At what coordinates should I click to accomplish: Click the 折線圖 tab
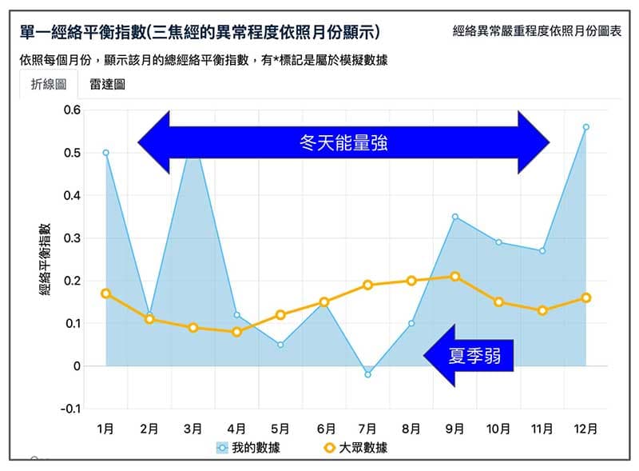pos(49,84)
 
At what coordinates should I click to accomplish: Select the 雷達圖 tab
pos(107,84)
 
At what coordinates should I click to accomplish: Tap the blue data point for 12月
pos(585,126)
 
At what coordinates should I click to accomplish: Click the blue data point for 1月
pos(105,152)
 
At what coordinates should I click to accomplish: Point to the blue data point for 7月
pos(367,374)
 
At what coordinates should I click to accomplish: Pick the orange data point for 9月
pos(454,277)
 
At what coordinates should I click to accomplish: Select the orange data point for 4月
pos(236,332)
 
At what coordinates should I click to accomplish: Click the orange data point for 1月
pos(105,293)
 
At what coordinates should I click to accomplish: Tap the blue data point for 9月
pos(454,217)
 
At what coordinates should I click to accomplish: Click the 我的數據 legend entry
pos(248,448)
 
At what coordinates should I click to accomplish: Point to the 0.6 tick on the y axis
pos(73,110)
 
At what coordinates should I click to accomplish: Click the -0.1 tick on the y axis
pos(71,409)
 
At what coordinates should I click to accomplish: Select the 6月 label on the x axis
pos(324,429)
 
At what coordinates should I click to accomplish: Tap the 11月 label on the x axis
pos(542,429)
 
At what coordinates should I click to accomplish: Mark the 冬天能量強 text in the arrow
pos(343,143)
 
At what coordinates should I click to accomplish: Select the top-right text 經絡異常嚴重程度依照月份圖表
pos(536,32)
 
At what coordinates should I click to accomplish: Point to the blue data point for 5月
pos(280,345)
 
